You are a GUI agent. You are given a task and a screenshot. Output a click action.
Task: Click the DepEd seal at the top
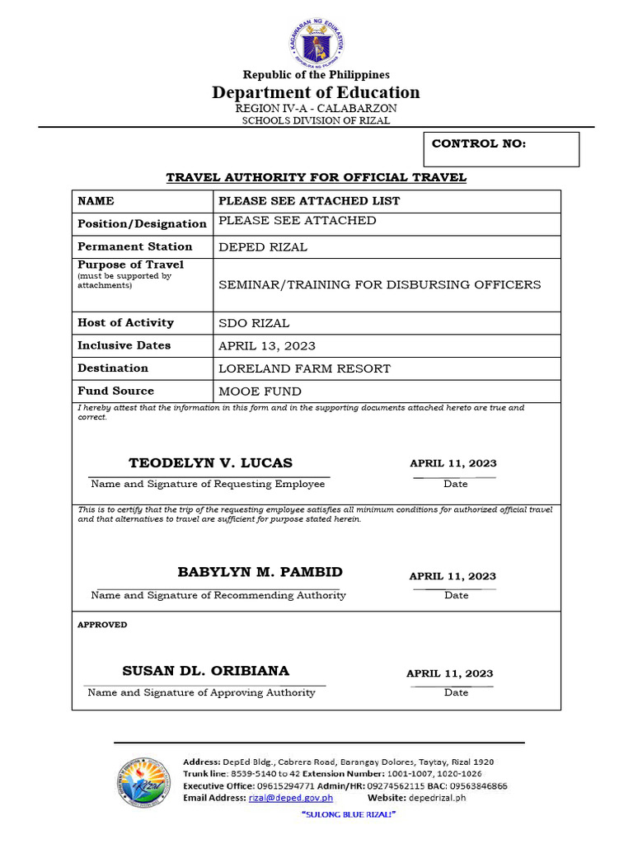(316, 42)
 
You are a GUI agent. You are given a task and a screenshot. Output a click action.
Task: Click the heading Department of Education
(316, 92)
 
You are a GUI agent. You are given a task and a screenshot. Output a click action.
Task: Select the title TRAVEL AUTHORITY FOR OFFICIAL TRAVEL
(316, 177)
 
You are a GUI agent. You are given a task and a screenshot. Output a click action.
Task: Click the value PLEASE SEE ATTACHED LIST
(309, 201)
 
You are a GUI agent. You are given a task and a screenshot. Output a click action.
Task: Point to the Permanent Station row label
(135, 246)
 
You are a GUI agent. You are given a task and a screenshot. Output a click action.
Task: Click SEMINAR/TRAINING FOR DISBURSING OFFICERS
(379, 284)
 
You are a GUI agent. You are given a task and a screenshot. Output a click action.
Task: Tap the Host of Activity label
(125, 323)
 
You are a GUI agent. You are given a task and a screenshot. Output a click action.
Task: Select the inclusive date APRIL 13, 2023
(267, 346)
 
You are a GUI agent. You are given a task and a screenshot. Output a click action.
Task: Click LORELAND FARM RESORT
(304, 368)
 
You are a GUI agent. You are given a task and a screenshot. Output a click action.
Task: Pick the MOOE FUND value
(260, 392)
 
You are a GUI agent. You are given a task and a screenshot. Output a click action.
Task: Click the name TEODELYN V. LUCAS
(210, 463)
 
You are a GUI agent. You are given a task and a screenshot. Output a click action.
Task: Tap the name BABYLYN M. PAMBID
(260, 572)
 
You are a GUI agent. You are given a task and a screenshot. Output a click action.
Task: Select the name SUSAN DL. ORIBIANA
(206, 671)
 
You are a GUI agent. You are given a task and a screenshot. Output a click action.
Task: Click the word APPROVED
(102, 625)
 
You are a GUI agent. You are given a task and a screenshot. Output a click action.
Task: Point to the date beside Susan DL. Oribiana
(449, 673)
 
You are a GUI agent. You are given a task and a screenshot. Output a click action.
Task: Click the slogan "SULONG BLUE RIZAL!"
(349, 814)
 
